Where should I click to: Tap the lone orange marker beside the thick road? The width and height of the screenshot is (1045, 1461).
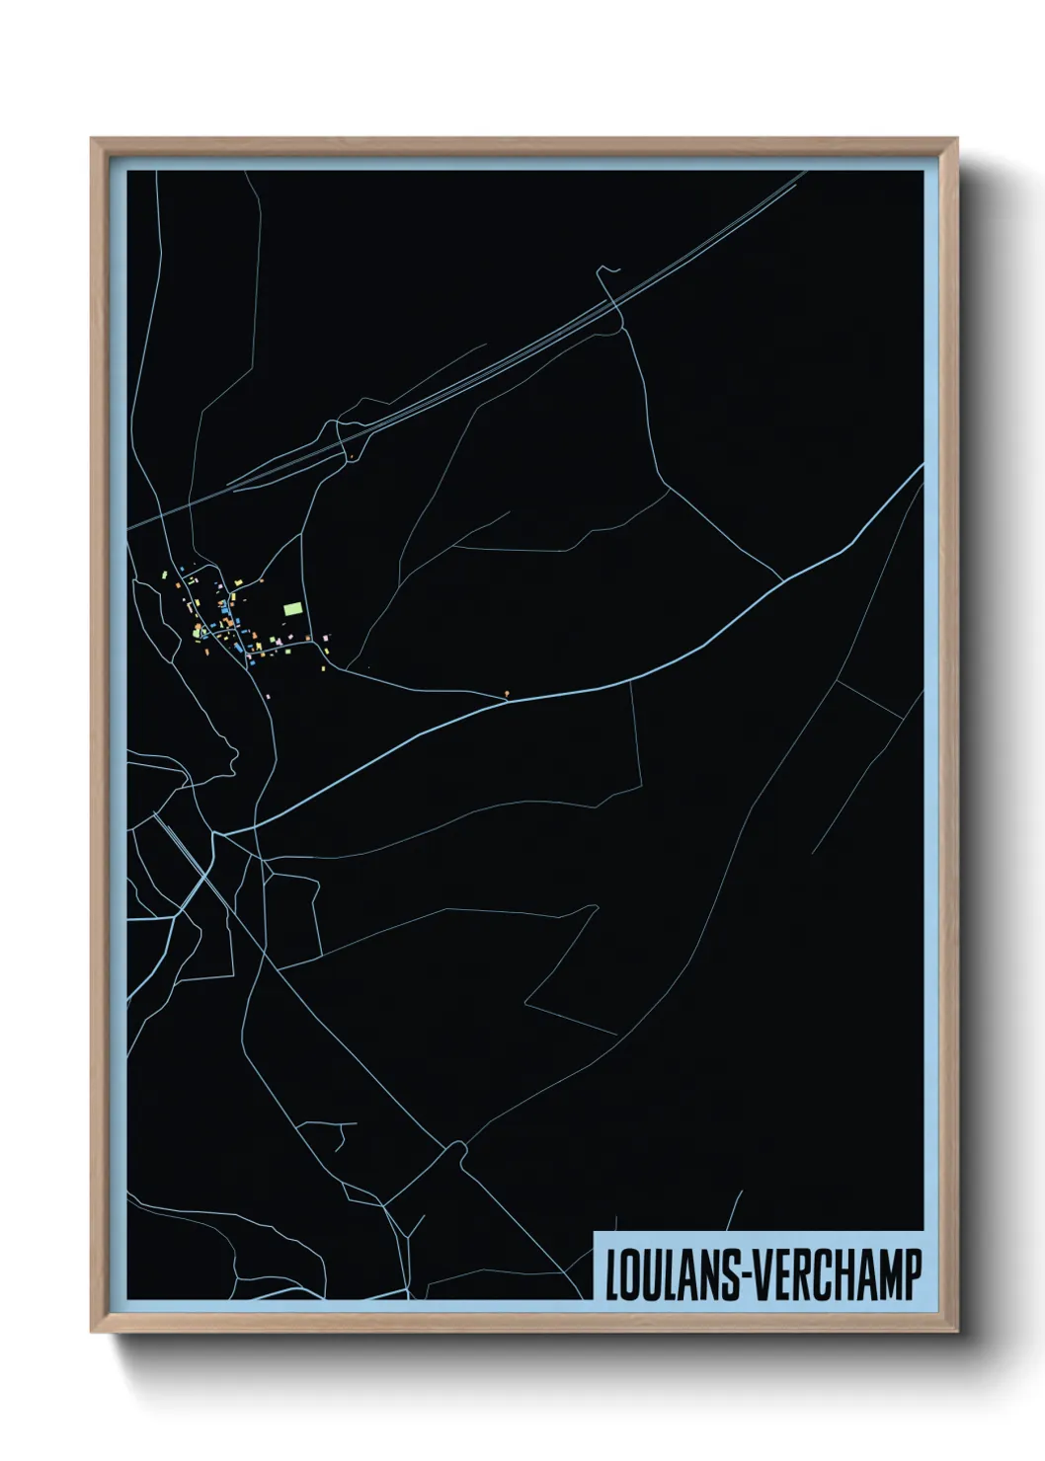(x=507, y=693)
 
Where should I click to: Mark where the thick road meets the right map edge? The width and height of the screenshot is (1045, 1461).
(x=923, y=467)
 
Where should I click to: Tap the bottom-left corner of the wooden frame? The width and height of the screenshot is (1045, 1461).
(x=93, y=1333)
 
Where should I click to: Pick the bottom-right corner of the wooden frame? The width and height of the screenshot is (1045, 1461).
(x=958, y=1333)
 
